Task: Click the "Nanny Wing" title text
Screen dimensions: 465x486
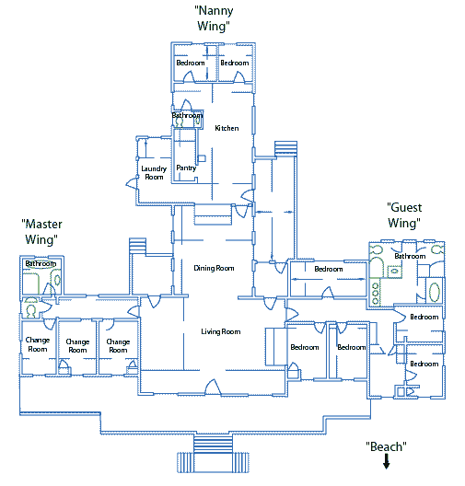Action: pyautogui.click(x=215, y=18)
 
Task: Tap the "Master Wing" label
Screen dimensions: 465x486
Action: pyautogui.click(x=41, y=232)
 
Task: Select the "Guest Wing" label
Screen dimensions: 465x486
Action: pyautogui.click(x=404, y=215)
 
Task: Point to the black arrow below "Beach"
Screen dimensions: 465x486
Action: pyautogui.click(x=386, y=461)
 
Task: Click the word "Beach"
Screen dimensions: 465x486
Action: pyautogui.click(x=386, y=446)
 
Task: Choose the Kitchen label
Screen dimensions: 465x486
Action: pyautogui.click(x=227, y=128)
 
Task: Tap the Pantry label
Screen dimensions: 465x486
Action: pyautogui.click(x=186, y=168)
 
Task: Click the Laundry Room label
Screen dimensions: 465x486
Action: pyautogui.click(x=154, y=173)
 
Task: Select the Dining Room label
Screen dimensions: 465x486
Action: pyautogui.click(x=214, y=268)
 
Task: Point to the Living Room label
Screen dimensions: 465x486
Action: pyautogui.click(x=221, y=331)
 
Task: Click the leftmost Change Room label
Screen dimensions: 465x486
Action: pyautogui.click(x=38, y=344)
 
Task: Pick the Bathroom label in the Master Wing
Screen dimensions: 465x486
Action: pyautogui.click(x=41, y=264)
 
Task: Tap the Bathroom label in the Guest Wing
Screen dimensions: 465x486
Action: pyautogui.click(x=410, y=256)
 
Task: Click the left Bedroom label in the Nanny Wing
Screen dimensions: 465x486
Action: pyautogui.click(x=191, y=63)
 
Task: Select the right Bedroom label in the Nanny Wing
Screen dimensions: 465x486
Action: pyautogui.click(x=235, y=63)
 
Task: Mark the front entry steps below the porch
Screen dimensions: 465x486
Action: pyautogui.click(x=213, y=454)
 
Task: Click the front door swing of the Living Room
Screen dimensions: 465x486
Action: pyautogui.click(x=214, y=388)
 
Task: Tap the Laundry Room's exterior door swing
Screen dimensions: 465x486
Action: pyautogui.click(x=132, y=183)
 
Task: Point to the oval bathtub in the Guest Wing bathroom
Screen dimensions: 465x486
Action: pyautogui.click(x=435, y=292)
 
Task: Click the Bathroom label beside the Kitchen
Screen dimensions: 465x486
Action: pyautogui.click(x=188, y=115)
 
